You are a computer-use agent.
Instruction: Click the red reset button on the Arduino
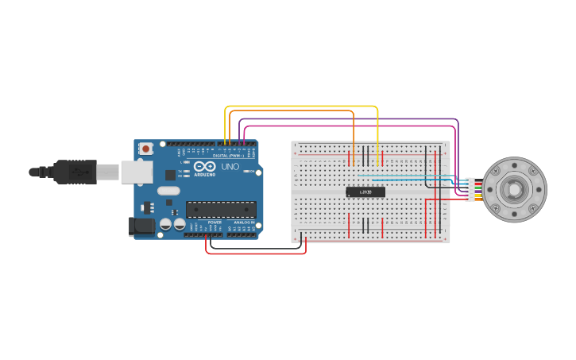[146, 149]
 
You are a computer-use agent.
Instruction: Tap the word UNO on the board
[230, 167]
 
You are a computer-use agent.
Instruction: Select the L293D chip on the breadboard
[365, 192]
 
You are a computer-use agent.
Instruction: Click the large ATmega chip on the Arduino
[221, 210]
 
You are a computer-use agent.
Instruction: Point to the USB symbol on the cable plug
[79, 171]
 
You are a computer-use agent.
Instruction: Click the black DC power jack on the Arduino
[141, 226]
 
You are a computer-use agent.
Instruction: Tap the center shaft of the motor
[514, 189]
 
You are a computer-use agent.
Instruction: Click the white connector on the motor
[470, 189]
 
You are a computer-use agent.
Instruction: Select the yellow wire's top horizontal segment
[302, 106]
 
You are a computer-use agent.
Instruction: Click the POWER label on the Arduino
[215, 223]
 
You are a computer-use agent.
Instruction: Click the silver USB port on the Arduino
[137, 172]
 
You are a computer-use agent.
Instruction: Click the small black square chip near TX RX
[170, 175]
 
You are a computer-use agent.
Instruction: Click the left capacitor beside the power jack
[166, 225]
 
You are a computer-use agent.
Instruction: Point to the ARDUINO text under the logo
[204, 175]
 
